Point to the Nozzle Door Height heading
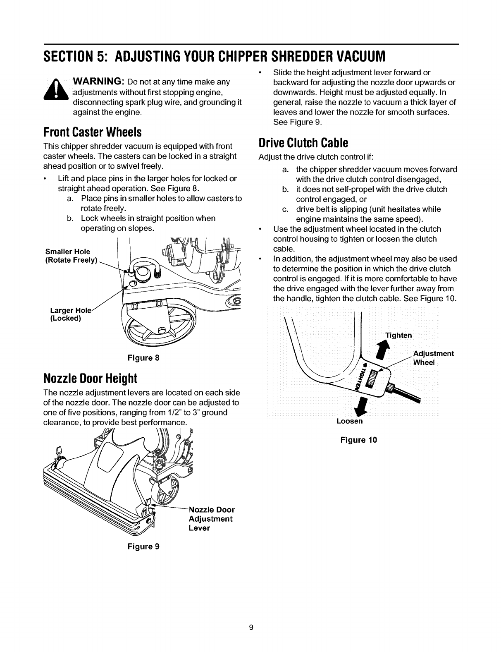click(x=90, y=379)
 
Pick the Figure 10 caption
click(x=358, y=440)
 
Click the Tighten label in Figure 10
click(x=398, y=335)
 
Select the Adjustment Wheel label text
click(x=433, y=358)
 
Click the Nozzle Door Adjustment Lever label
click(x=211, y=519)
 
